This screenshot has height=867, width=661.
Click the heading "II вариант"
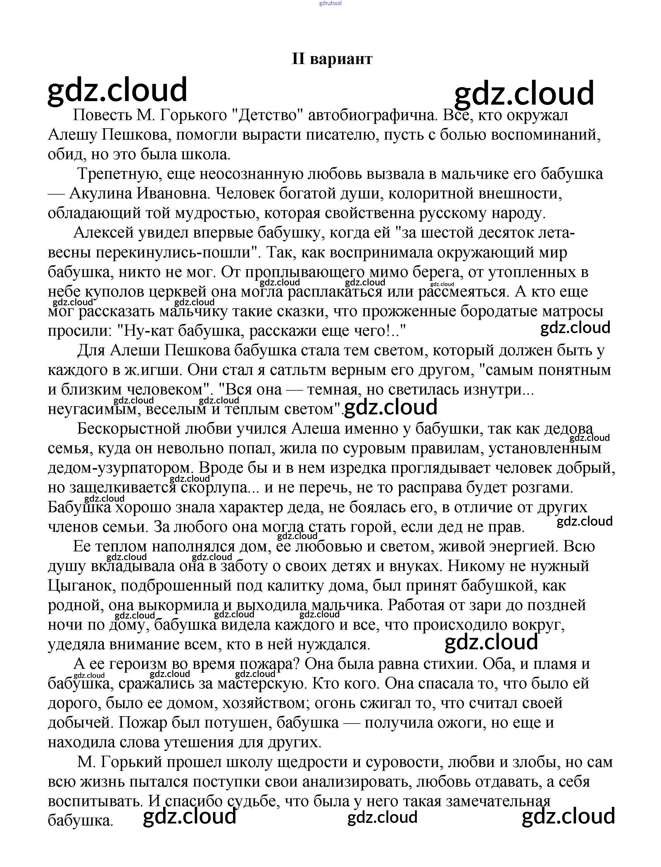[x=332, y=59]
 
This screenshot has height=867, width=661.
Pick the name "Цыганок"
[x=81, y=586]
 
